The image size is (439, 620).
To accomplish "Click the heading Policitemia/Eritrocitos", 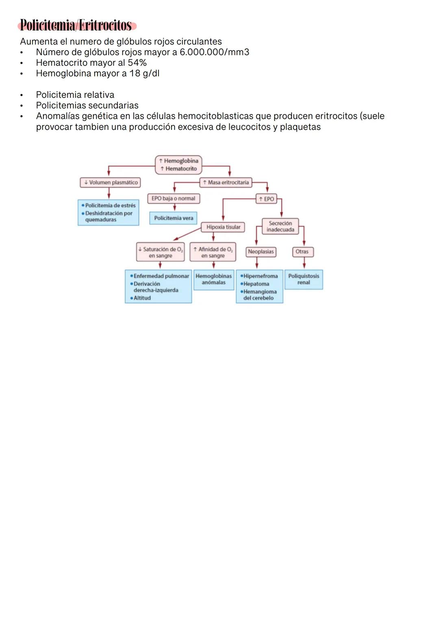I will tap(76, 26).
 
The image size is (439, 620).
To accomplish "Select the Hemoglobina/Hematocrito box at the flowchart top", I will tap(178, 165).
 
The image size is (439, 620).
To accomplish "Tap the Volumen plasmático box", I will tap(110, 183).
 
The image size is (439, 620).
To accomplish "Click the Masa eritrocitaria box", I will tap(226, 183).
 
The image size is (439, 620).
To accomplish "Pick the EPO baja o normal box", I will tap(173, 199).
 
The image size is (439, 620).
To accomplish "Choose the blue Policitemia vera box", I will tap(174, 218).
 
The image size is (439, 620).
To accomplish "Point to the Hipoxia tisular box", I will tap(223, 227).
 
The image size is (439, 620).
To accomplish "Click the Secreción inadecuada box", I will tap(280, 227).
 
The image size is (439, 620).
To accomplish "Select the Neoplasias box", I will tap(261, 252).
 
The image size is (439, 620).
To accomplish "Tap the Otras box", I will tap(302, 252).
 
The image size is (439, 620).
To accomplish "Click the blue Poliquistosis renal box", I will tap(304, 279).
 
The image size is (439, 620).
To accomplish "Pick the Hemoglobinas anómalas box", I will tap(213, 279).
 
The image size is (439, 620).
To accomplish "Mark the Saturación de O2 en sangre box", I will tap(160, 253).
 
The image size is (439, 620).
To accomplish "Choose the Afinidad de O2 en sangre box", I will tap(213, 253).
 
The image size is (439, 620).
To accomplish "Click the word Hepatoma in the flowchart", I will tap(256, 284).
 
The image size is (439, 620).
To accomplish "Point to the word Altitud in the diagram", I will tap(142, 298).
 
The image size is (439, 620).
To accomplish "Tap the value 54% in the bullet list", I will tap(137, 63).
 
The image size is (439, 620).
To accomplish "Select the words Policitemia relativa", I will tap(75, 95).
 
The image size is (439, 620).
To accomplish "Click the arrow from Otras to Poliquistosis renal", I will tap(304, 263).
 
